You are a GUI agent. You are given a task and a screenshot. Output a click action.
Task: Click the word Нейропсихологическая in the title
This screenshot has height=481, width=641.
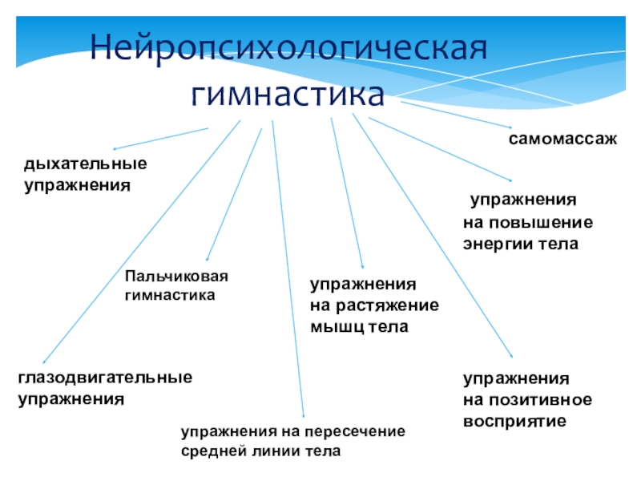pyautogui.click(x=288, y=51)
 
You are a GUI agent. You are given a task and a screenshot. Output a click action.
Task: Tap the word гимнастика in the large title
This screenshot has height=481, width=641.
pyautogui.click(x=288, y=95)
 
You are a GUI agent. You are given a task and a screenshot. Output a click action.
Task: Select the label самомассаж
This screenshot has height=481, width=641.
pyautogui.click(x=562, y=139)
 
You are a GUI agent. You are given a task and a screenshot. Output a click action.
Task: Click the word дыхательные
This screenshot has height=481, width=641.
pyautogui.click(x=85, y=164)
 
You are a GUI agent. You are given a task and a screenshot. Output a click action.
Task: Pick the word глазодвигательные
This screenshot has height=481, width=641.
pyautogui.click(x=105, y=377)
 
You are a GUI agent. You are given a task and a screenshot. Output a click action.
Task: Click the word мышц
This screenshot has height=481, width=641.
pyautogui.click(x=335, y=327)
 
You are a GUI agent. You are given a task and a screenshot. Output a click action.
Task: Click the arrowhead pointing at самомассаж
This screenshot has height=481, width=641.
pyautogui.click(x=509, y=127)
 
